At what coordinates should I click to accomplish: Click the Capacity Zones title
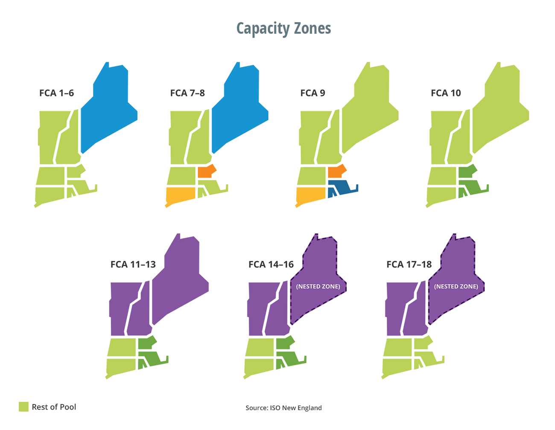pyautogui.click(x=283, y=29)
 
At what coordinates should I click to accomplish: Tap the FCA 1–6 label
pyautogui.click(x=56, y=93)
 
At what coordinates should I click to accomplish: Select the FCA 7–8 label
pyautogui.click(x=187, y=93)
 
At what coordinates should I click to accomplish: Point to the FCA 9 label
pyautogui.click(x=313, y=93)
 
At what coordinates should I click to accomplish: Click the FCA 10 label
pyautogui.click(x=446, y=93)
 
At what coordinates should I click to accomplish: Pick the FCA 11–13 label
pyautogui.click(x=133, y=264)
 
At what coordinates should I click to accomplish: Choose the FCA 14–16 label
pyautogui.click(x=271, y=264)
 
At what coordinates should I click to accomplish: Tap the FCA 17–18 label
pyautogui.click(x=409, y=264)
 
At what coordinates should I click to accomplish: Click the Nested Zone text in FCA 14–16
pyautogui.click(x=318, y=286)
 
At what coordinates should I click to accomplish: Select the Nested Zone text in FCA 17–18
pyautogui.click(x=456, y=286)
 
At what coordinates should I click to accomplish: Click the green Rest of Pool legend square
pyautogui.click(x=23, y=407)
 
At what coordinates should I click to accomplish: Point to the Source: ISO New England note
pyautogui.click(x=283, y=408)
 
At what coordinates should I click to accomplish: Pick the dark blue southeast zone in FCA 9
pyautogui.click(x=342, y=187)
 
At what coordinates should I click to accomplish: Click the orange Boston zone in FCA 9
pyautogui.click(x=336, y=171)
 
